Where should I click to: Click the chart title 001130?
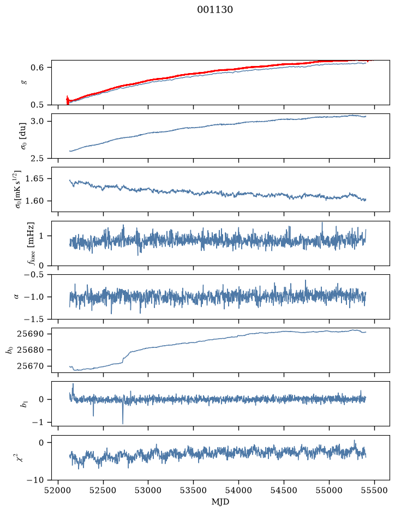click(215, 10)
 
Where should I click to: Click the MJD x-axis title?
click(220, 502)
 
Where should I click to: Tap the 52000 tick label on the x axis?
click(58, 490)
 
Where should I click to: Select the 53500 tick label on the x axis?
click(194, 490)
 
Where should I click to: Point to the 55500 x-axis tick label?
click(374, 490)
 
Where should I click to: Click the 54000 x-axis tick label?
click(238, 490)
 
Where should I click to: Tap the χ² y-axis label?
click(21, 457)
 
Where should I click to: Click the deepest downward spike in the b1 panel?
click(123, 423)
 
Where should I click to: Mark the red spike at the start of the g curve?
click(68, 100)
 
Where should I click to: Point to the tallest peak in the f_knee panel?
click(322, 222)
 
